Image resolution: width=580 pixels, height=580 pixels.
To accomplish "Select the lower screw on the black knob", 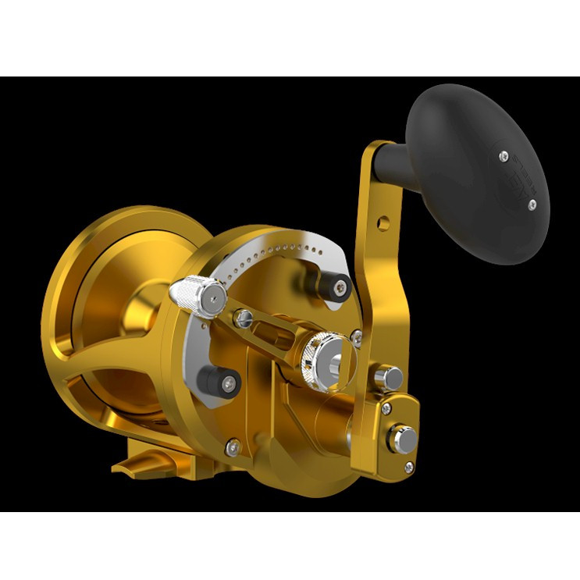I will (x=532, y=205).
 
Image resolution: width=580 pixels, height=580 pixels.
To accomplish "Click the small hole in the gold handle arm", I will (x=383, y=222).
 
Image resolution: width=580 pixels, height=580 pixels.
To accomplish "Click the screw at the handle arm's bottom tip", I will (x=409, y=466).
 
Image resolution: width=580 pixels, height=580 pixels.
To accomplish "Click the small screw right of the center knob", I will (x=356, y=336).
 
